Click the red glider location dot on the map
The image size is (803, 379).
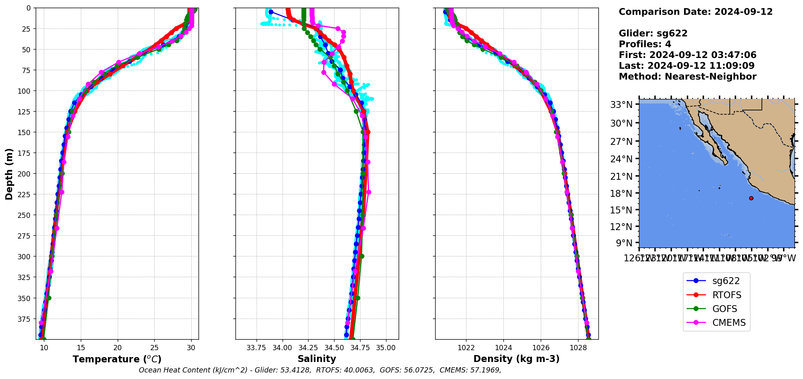point(751,198)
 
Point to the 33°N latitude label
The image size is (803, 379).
point(621,105)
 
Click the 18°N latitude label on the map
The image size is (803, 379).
point(621,193)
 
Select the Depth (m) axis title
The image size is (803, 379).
point(9,174)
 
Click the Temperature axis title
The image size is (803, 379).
point(117,359)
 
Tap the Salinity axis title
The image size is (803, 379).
point(317,359)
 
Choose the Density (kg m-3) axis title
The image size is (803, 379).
point(516,359)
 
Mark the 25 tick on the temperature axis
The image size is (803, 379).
point(154,348)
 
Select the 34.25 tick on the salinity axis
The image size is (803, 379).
point(308,348)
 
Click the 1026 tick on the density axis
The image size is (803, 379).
point(541,348)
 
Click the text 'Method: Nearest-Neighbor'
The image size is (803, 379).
point(687,77)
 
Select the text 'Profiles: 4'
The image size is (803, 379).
point(645,44)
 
